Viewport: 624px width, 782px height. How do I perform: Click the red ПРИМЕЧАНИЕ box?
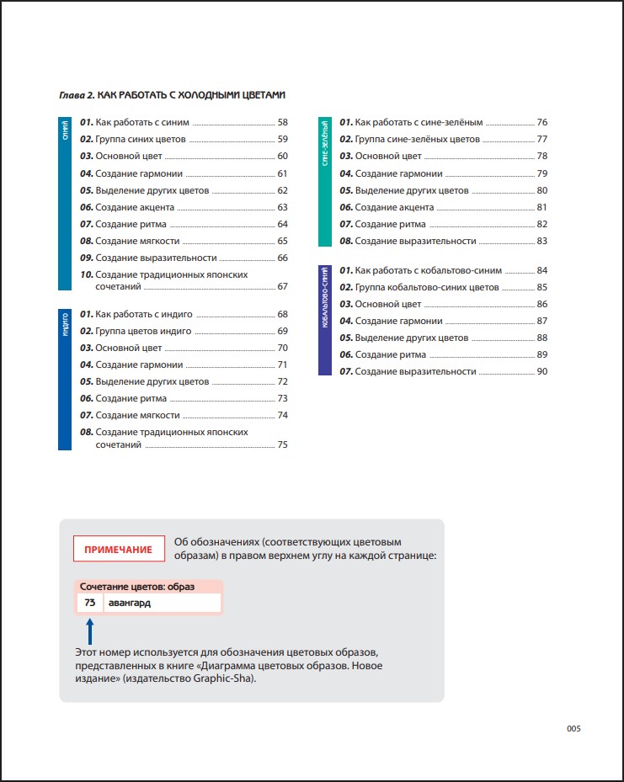pyautogui.click(x=118, y=550)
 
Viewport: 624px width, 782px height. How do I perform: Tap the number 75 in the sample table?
pyautogui.click(x=89, y=603)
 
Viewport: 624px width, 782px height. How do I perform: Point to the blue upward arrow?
pyautogui.click(x=90, y=630)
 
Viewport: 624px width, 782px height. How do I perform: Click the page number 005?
pyautogui.click(x=573, y=729)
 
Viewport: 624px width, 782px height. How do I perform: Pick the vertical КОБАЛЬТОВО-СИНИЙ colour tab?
pyautogui.click(x=325, y=320)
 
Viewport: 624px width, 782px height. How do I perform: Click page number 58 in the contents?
pyautogui.click(x=283, y=122)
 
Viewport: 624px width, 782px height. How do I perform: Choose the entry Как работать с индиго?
pyautogui.click(x=144, y=314)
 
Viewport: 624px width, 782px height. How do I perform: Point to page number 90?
pyautogui.click(x=542, y=371)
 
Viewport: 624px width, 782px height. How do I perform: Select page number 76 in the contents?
pyautogui.click(x=542, y=122)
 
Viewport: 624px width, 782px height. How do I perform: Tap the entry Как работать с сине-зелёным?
pyautogui.click(x=419, y=122)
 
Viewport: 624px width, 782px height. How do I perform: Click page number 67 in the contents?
pyautogui.click(x=283, y=286)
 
